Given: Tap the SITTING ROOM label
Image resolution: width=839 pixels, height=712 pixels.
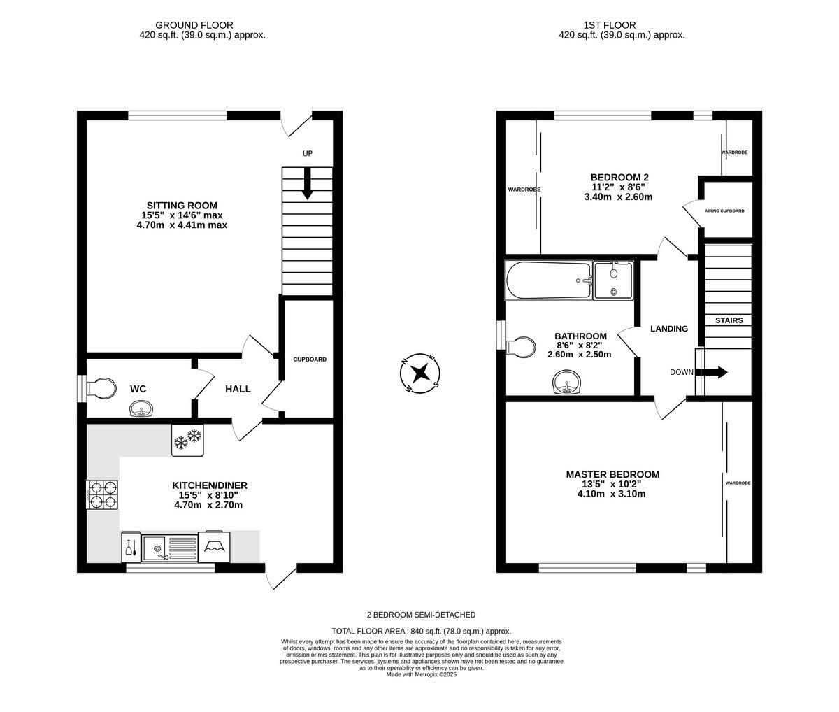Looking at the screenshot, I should [x=182, y=205].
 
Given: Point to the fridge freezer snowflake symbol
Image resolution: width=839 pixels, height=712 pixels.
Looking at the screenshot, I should [x=187, y=440].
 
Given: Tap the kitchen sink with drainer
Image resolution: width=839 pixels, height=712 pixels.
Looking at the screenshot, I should [x=168, y=547].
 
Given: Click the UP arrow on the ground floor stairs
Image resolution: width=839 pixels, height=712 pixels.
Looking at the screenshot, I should [x=307, y=185].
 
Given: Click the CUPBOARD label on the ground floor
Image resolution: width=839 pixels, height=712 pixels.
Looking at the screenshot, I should [x=309, y=359].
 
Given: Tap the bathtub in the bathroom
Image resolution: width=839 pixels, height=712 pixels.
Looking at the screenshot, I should [x=548, y=280].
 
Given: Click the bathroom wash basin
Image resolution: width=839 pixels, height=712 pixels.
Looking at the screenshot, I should [x=566, y=383].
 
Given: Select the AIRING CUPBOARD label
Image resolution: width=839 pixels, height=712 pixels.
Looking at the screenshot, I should [x=724, y=211].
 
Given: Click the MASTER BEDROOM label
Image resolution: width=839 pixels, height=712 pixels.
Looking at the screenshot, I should [x=612, y=474].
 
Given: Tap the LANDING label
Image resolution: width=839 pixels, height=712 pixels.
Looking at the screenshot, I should [x=669, y=329].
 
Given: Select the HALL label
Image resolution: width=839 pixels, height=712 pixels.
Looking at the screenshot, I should [x=238, y=389].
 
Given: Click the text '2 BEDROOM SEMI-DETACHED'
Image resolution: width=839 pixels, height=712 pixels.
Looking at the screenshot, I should [x=421, y=615].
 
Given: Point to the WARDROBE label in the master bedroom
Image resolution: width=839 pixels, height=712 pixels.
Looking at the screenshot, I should [x=738, y=483].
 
